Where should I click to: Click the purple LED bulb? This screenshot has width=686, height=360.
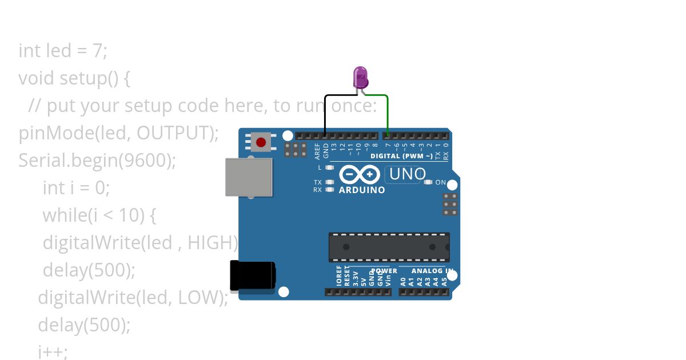pos(360,77)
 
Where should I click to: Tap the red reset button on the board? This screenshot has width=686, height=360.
pos(261,142)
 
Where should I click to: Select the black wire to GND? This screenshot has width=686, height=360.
pos(325,114)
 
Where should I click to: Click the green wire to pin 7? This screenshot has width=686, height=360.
pos(388,114)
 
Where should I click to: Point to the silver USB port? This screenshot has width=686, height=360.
pos(249,177)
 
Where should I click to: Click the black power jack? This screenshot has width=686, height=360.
pos(252,275)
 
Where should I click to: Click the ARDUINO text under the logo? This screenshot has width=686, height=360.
pos(362,190)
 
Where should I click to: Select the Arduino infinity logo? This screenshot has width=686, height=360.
pos(359,174)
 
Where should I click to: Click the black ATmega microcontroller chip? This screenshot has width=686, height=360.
pos(389,247)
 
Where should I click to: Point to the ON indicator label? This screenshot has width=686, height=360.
pos(440,182)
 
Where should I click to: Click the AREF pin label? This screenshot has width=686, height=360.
pos(318,151)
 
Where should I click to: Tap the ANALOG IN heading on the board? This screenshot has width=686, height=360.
pos(433,271)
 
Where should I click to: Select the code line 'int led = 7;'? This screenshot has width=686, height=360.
pos(63,51)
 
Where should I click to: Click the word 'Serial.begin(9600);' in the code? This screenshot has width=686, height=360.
pos(97,161)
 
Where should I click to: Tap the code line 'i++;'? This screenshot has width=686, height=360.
pos(53,352)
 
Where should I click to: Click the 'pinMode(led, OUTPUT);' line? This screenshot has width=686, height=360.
pos(119,133)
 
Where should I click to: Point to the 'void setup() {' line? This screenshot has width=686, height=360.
pos(74,78)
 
